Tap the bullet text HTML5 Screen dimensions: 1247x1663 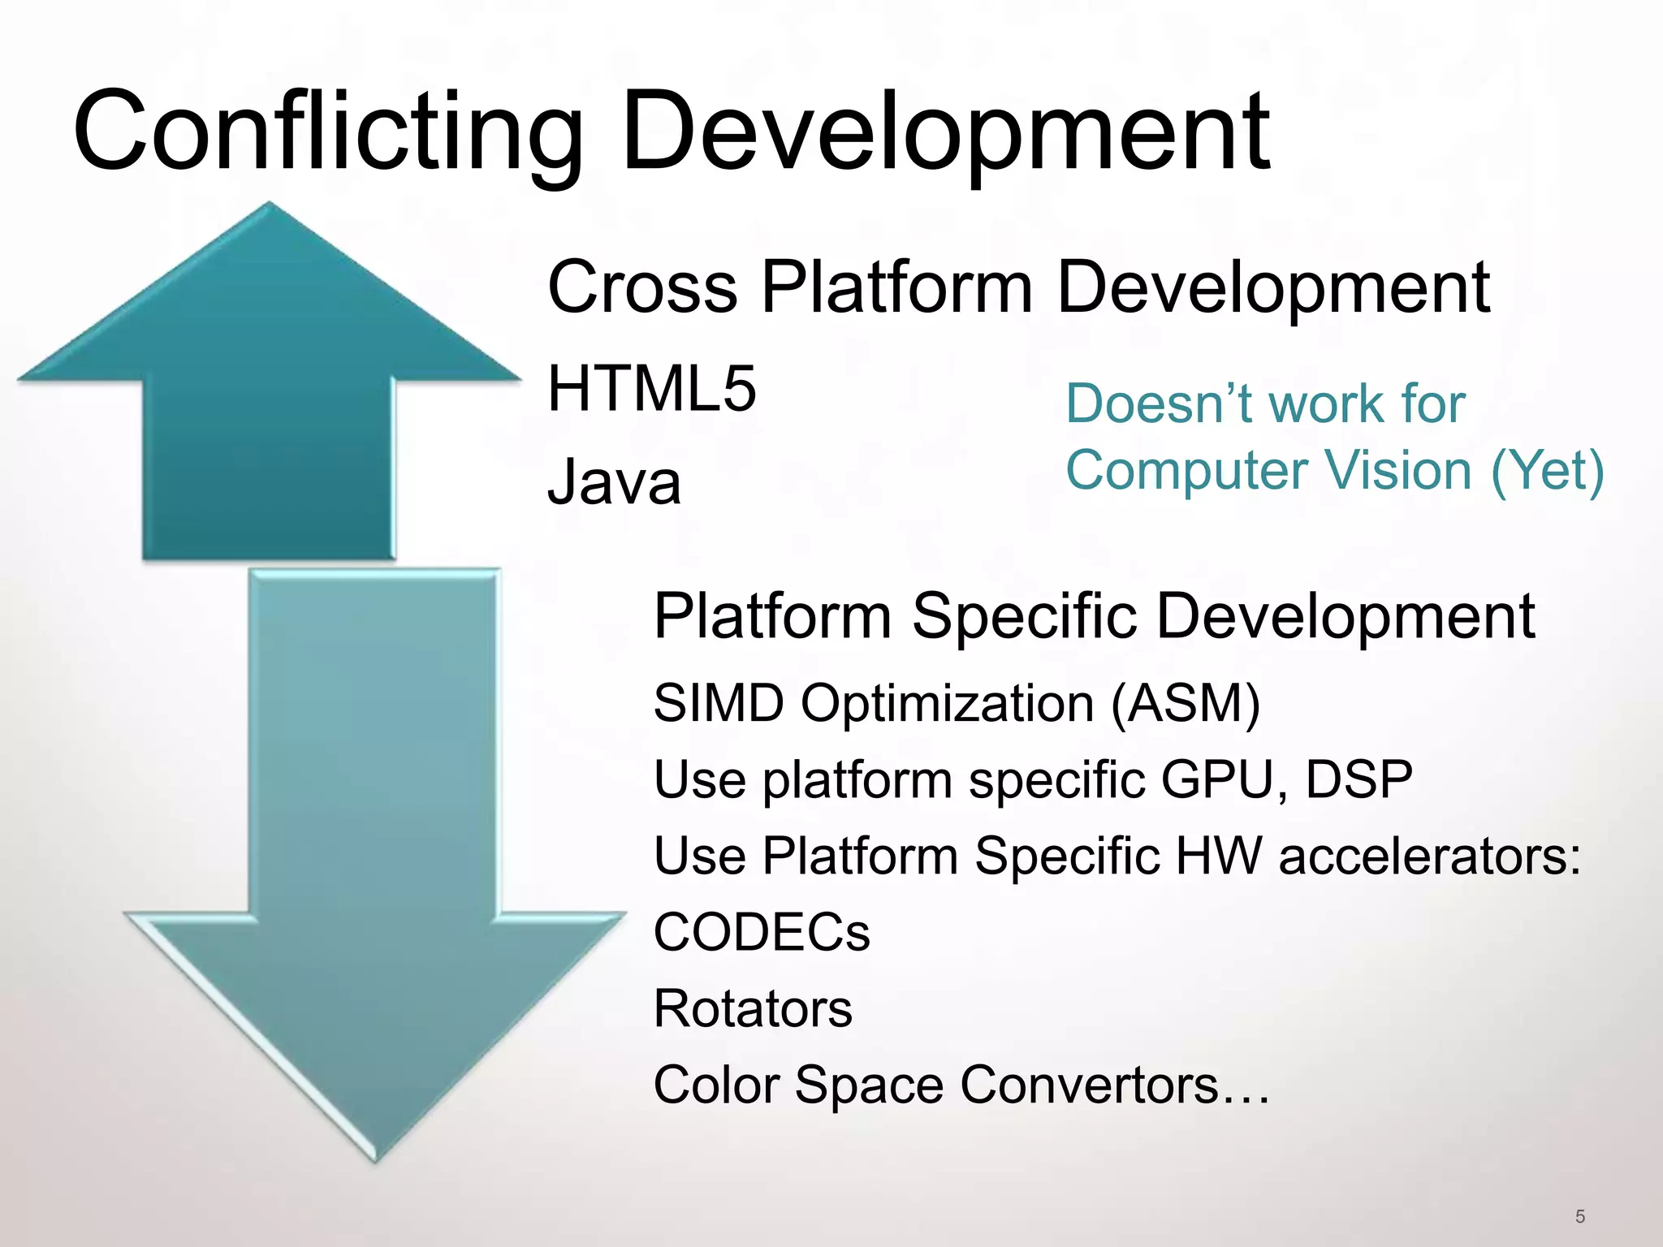tap(652, 389)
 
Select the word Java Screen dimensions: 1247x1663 tap(614, 482)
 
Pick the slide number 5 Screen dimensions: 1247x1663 tap(1579, 1216)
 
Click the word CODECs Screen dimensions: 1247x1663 tap(762, 932)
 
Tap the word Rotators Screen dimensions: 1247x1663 tap(753, 1008)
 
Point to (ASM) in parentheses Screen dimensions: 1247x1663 tap(1185, 703)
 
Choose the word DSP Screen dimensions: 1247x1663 tap(1358, 779)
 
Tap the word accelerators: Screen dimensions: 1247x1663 tap(1430, 856)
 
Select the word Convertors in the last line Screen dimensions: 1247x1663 tap(1089, 1085)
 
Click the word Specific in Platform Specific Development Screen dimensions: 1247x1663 tap(1024, 617)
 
